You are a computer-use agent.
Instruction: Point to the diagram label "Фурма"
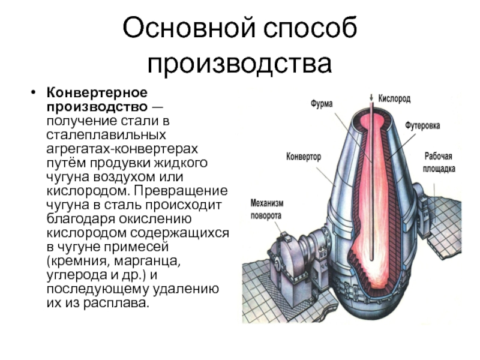(322, 103)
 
